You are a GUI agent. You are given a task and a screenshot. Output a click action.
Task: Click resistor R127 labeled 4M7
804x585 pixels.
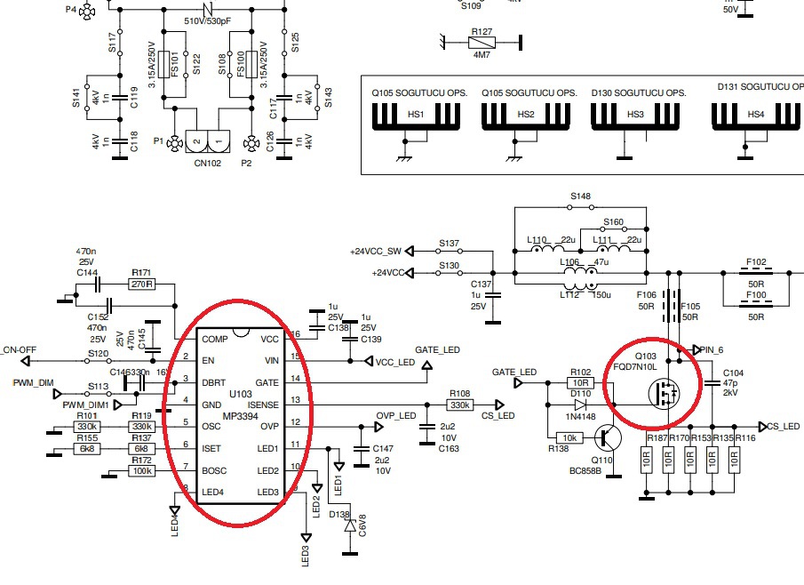482,41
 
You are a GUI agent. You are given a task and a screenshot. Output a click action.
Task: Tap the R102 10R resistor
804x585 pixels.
579,383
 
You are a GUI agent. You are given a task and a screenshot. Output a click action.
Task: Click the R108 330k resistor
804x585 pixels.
459,405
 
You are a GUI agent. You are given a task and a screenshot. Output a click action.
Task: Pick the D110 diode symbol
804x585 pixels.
581,405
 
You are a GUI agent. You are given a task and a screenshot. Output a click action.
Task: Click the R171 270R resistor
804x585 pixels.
141,284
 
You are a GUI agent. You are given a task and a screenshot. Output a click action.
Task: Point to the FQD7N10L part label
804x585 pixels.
634,365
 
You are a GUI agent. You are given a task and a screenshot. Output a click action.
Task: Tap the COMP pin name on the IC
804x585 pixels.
215,339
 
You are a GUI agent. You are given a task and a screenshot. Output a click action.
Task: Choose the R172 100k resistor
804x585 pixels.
141,470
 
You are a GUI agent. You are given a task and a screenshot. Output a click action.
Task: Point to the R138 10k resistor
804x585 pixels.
568,438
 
